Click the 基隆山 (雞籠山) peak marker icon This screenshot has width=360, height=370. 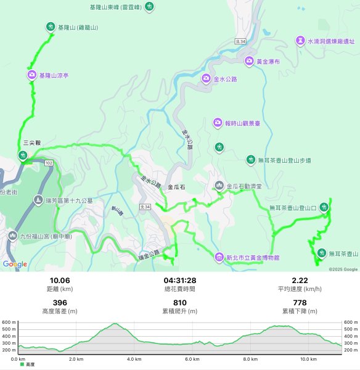[50, 27]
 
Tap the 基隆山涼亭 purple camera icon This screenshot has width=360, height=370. [32, 75]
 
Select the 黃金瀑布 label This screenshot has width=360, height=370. [268, 62]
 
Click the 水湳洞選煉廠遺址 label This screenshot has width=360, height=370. [329, 41]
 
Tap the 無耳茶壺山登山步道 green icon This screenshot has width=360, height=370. [250, 160]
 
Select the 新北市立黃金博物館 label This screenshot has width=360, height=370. [253, 257]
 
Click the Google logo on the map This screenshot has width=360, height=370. [15, 265]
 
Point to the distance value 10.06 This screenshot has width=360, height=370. [60, 281]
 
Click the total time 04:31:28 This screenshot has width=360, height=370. [179, 281]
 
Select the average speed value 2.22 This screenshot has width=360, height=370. [300, 281]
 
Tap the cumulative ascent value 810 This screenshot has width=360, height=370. [179, 302]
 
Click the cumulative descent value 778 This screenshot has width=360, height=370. [300, 302]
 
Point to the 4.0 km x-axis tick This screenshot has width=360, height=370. [133, 359]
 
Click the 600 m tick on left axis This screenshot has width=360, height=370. [9, 322]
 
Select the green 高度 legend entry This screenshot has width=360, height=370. [28, 365]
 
